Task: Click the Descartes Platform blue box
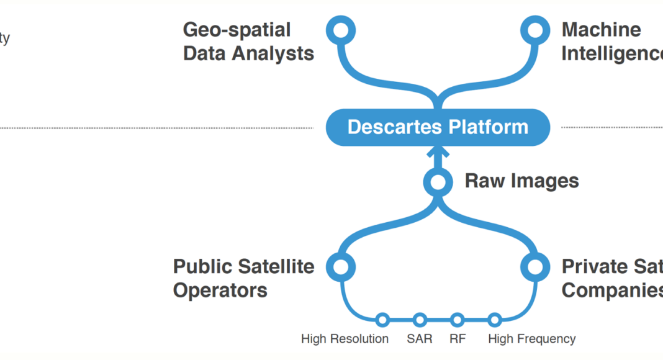click(438, 127)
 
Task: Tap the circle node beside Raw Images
click(438, 182)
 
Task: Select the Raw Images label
click(521, 181)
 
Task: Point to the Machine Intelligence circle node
click(534, 30)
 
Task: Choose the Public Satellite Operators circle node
click(341, 267)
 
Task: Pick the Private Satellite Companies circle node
click(534, 267)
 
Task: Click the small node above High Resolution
click(382, 320)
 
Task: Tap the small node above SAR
click(420, 320)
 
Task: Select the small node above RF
click(458, 320)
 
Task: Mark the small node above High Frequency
click(495, 320)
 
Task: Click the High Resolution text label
click(345, 339)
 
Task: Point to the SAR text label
click(420, 339)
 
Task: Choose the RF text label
click(458, 339)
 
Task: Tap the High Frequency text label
click(531, 339)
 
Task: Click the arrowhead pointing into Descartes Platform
click(438, 151)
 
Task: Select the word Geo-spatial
click(237, 30)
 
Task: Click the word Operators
click(220, 290)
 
